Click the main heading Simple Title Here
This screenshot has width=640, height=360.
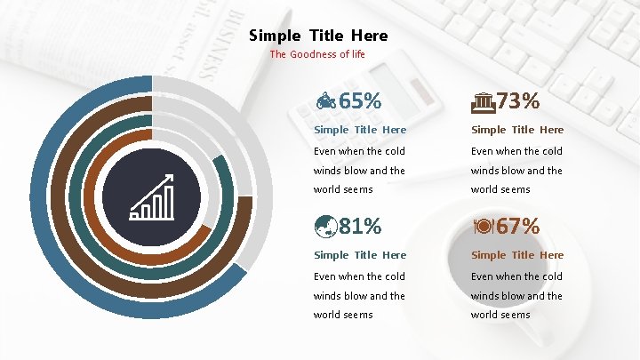coord(318,36)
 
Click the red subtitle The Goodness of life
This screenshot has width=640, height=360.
coord(317,54)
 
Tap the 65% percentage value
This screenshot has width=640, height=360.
coord(360,101)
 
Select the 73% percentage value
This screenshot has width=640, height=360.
coord(518,101)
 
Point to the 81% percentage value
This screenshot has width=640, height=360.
coord(360,227)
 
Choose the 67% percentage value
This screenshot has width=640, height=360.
coord(518,227)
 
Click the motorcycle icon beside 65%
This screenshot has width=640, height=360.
coord(326,102)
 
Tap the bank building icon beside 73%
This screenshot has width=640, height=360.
coord(483,102)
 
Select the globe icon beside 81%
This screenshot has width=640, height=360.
coord(324,228)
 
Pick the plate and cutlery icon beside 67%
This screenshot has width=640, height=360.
coord(483,228)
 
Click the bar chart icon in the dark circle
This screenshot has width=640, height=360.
coord(151,198)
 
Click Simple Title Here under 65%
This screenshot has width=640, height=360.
coord(360,130)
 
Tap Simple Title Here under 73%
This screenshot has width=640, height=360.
coord(517,130)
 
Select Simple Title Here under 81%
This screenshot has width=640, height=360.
coord(360,255)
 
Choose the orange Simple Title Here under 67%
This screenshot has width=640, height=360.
coord(517,255)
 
